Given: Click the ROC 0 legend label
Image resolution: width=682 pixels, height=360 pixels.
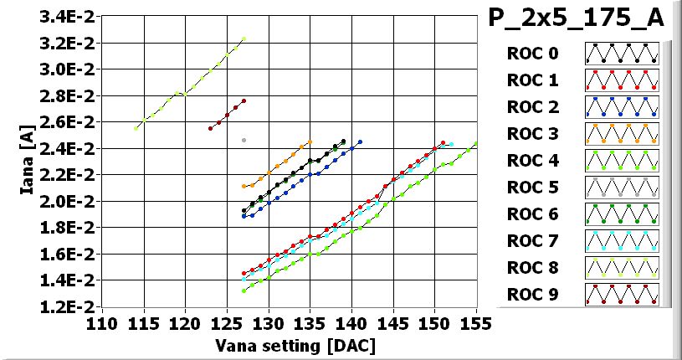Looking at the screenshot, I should [x=531, y=54].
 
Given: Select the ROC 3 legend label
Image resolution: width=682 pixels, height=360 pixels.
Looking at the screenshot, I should [x=531, y=134].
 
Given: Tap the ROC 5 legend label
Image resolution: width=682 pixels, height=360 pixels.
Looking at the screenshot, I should [x=531, y=188].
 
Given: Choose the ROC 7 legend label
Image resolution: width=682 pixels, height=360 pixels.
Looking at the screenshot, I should [x=531, y=241].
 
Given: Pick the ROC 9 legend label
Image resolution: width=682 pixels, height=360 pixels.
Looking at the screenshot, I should [x=531, y=295].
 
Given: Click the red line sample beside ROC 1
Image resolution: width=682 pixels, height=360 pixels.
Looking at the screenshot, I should [x=622, y=80].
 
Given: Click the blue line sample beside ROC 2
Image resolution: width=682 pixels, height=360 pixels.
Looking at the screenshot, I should [x=622, y=107].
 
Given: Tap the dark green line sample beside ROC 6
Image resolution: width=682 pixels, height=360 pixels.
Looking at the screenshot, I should [x=622, y=214].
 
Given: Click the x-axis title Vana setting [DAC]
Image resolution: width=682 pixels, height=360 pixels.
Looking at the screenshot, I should [x=295, y=345].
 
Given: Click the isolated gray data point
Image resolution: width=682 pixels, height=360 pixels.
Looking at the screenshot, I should [x=244, y=140].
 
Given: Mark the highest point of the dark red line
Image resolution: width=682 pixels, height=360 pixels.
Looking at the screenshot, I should [x=244, y=100].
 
